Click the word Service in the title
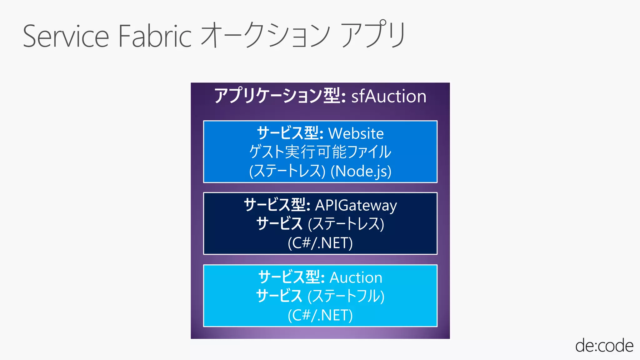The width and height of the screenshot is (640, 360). pos(66,37)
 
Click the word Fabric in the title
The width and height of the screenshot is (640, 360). pos(155,37)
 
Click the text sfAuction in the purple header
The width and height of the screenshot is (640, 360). pos(389,96)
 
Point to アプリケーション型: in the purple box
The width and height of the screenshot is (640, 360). pos(280,96)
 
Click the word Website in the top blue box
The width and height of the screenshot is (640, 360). pos(356,133)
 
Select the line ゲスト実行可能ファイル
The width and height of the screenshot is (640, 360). pos(320,152)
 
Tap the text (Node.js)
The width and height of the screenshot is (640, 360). pos(361,171)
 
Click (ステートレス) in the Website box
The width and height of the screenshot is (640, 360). pos(287,171)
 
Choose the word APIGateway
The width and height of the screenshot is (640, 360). pos(356,205)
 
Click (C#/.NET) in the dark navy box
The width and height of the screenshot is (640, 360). pos(320,243)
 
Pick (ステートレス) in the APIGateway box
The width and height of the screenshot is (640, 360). pos(346,224)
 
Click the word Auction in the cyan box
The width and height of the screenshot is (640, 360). pos(356,277)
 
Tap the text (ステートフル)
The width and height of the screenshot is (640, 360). pos(346,296)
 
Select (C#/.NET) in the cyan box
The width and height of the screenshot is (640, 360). pos(320,315)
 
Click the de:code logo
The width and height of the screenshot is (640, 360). pos(604,346)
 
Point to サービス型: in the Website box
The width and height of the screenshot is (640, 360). pos(290,133)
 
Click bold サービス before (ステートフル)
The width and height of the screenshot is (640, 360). pos(279,296)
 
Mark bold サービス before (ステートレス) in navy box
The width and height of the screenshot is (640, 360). pos(279,224)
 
